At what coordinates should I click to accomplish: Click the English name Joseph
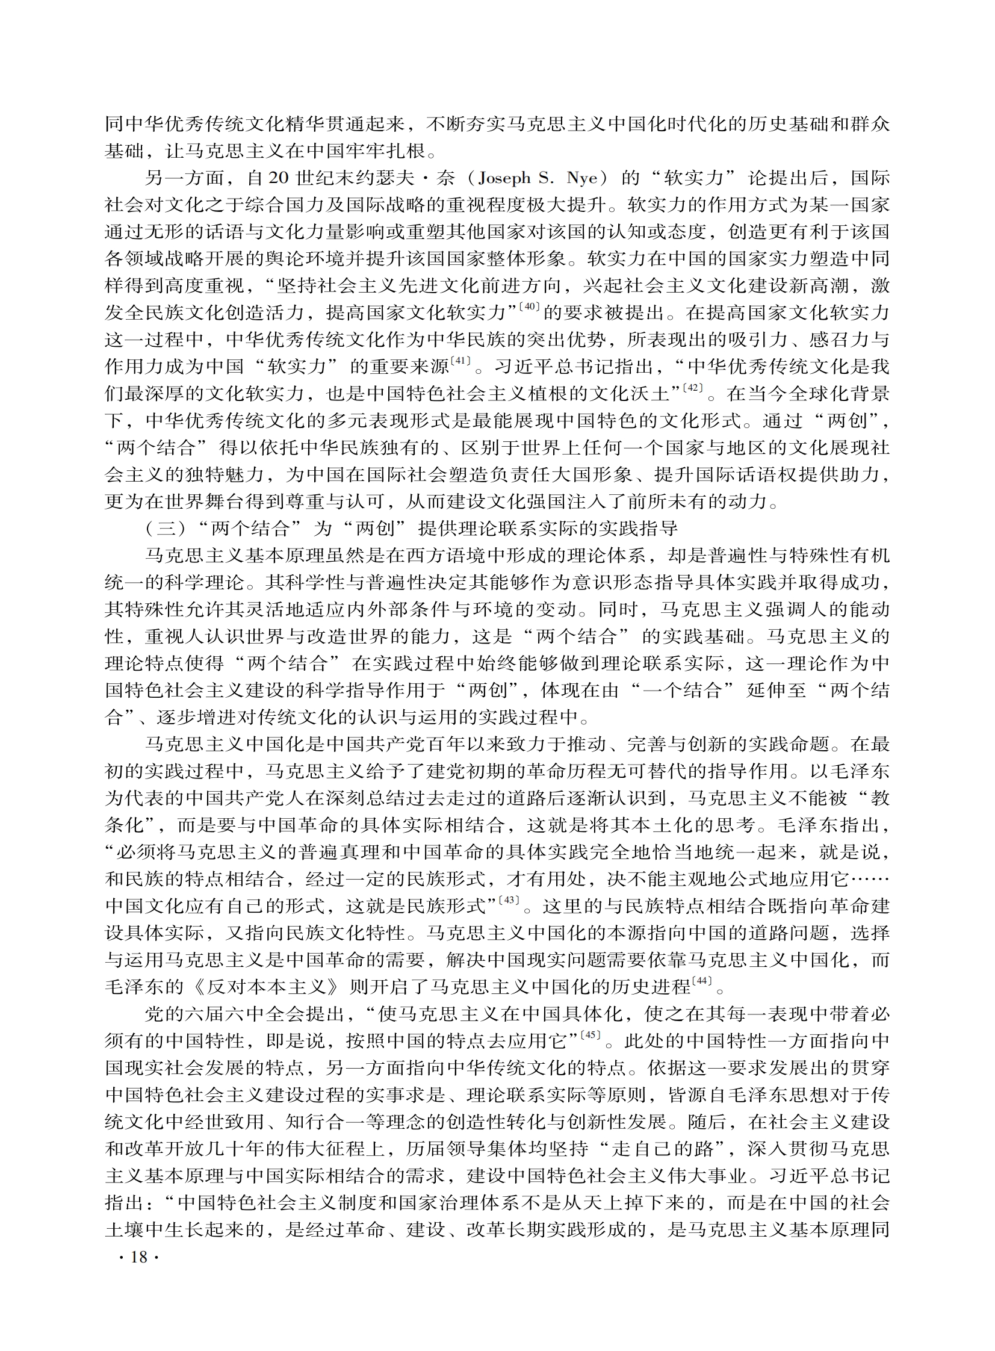[502, 178]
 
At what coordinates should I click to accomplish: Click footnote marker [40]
[532, 308]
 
